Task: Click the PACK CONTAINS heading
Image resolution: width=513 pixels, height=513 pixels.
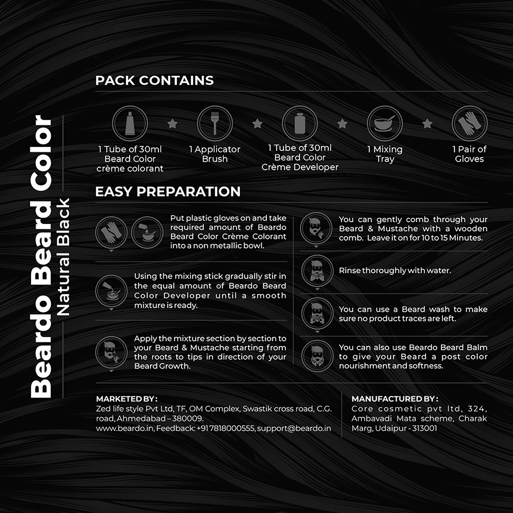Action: pos(154,81)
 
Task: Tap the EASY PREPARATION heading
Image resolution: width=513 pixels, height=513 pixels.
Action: pos(168,192)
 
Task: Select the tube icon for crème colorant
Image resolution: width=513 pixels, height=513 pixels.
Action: pos(130,123)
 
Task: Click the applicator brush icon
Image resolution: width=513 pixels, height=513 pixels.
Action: pos(215,123)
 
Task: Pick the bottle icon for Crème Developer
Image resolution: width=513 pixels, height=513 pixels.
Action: pos(300,123)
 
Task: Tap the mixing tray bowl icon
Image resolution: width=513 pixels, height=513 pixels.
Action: pos(385,123)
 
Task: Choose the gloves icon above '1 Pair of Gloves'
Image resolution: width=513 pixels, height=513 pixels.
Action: pos(469,123)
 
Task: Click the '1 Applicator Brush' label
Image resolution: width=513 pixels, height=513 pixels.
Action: pos(215,154)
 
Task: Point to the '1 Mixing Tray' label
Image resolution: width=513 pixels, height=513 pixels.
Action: pos(385,154)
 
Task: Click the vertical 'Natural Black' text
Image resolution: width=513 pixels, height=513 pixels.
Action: pos(64,257)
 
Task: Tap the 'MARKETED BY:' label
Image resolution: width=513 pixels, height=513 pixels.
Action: pos(127,399)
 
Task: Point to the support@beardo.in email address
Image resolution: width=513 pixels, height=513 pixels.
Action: pos(294,429)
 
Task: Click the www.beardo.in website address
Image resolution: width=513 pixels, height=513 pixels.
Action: pos(125,429)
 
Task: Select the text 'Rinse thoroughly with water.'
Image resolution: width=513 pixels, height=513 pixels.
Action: pos(395,271)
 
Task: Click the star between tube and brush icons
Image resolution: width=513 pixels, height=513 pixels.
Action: pos(173,124)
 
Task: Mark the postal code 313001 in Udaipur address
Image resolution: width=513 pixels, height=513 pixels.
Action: pos(425,429)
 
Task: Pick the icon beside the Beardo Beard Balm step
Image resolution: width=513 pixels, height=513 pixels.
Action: pos(317,356)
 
